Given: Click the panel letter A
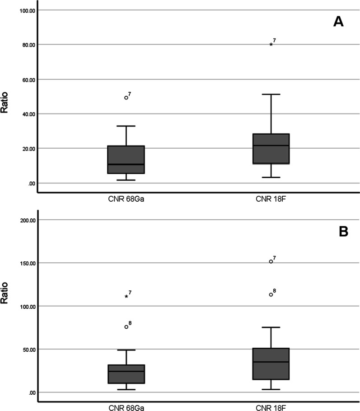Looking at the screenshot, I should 338,22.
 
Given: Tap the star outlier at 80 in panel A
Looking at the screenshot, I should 271,44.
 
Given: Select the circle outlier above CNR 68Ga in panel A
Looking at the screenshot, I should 126,98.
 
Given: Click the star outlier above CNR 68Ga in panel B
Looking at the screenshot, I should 126,297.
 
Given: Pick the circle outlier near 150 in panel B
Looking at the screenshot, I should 271,261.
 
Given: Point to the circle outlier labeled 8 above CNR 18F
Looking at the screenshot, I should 271,294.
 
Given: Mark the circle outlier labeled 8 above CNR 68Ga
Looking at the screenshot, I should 126,326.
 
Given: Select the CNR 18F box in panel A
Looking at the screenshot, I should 271,148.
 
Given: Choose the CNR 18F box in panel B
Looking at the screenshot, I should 271,364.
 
